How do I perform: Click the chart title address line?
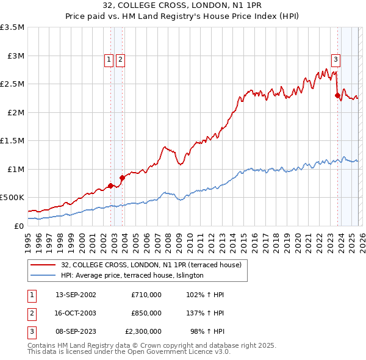(x=183, y=5)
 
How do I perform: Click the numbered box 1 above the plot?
(x=109, y=59)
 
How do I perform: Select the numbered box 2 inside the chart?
(x=120, y=59)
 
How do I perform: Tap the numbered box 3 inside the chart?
(x=335, y=59)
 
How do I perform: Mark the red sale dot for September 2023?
(x=337, y=95)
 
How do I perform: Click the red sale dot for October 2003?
(x=122, y=178)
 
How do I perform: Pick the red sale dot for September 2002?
(x=110, y=185)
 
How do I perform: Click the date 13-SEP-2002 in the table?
(x=76, y=295)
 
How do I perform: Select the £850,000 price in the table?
(x=146, y=313)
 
